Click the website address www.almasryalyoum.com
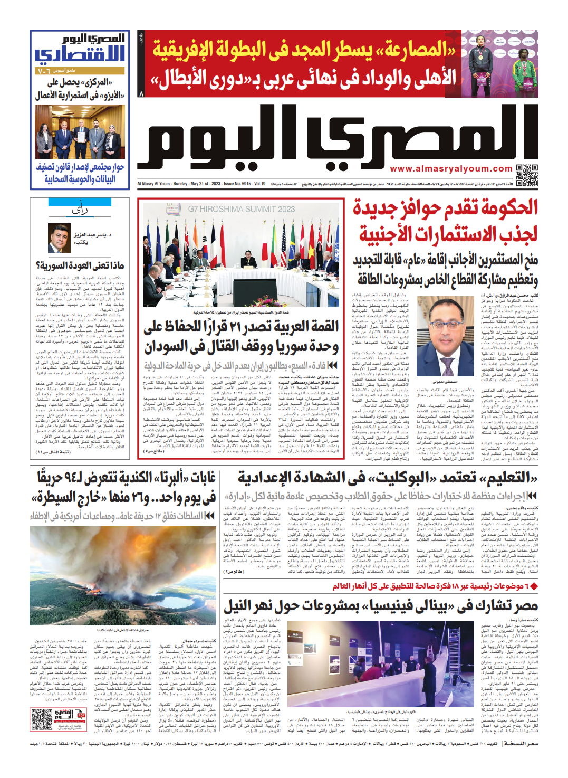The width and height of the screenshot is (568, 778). click(451, 169)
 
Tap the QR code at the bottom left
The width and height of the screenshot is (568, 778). click(42, 720)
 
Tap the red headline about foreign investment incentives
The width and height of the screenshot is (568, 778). click(446, 221)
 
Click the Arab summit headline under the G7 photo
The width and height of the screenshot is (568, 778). click(242, 337)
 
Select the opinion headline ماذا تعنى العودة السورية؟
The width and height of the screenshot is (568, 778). click(80, 265)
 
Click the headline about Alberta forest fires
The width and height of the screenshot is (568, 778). click(123, 488)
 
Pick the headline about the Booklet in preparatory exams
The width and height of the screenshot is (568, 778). click(387, 478)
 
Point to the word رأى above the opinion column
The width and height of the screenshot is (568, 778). click(80, 211)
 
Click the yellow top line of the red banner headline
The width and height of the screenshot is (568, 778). click(304, 50)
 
